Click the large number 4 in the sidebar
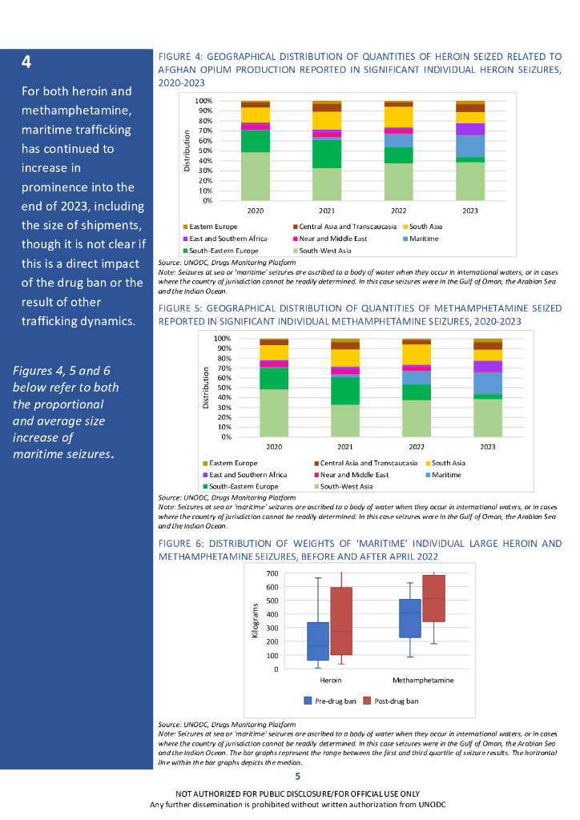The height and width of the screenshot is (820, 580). [x=27, y=62]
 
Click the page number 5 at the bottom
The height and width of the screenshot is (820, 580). [x=298, y=776]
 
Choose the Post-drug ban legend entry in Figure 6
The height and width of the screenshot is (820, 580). [x=396, y=701]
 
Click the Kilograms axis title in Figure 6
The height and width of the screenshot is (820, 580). [x=256, y=621]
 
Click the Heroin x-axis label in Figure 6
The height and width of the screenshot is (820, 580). [x=330, y=680]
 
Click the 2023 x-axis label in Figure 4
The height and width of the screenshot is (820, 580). [x=469, y=209]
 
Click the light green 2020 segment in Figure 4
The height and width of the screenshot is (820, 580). [x=256, y=175]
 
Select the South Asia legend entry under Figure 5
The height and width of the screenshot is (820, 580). [x=449, y=463]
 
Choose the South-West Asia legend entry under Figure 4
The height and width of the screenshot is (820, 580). [x=326, y=250]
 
